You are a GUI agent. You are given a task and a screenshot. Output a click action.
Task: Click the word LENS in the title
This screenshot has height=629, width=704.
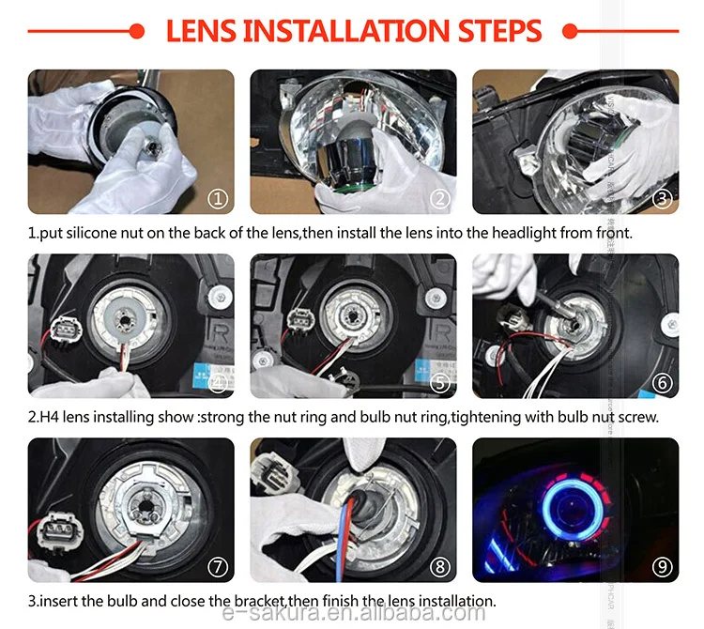(x=200, y=30)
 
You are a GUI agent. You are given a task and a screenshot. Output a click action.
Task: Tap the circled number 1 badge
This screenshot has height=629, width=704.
(x=217, y=198)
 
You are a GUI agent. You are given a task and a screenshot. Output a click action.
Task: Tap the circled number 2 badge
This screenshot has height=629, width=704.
(x=439, y=198)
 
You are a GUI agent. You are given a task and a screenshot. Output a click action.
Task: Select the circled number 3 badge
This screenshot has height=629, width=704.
(x=662, y=198)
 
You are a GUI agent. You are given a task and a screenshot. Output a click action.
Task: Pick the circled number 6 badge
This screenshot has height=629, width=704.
(x=662, y=382)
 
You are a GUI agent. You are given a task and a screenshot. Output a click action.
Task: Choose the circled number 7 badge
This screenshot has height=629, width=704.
(x=217, y=566)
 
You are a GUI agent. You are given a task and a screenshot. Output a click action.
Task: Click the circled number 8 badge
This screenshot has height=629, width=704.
(x=439, y=566)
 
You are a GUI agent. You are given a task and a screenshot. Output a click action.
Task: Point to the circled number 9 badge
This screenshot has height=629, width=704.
(x=662, y=566)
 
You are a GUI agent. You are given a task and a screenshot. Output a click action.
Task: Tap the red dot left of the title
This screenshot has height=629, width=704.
(x=138, y=32)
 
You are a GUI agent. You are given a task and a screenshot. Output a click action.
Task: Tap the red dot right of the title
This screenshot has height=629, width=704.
(x=566, y=32)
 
